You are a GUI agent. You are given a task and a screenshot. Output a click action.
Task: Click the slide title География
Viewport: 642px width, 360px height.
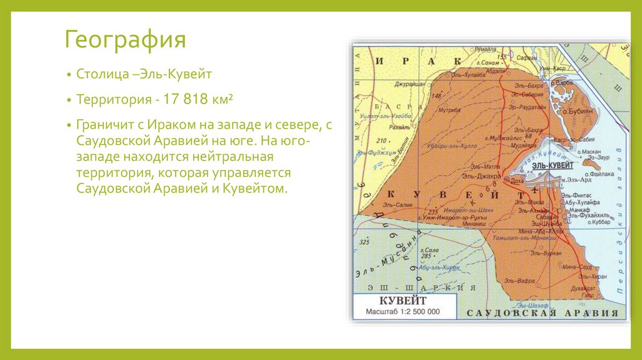(125, 41)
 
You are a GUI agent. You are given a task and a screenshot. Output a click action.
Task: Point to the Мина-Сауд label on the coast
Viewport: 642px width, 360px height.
(577, 267)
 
